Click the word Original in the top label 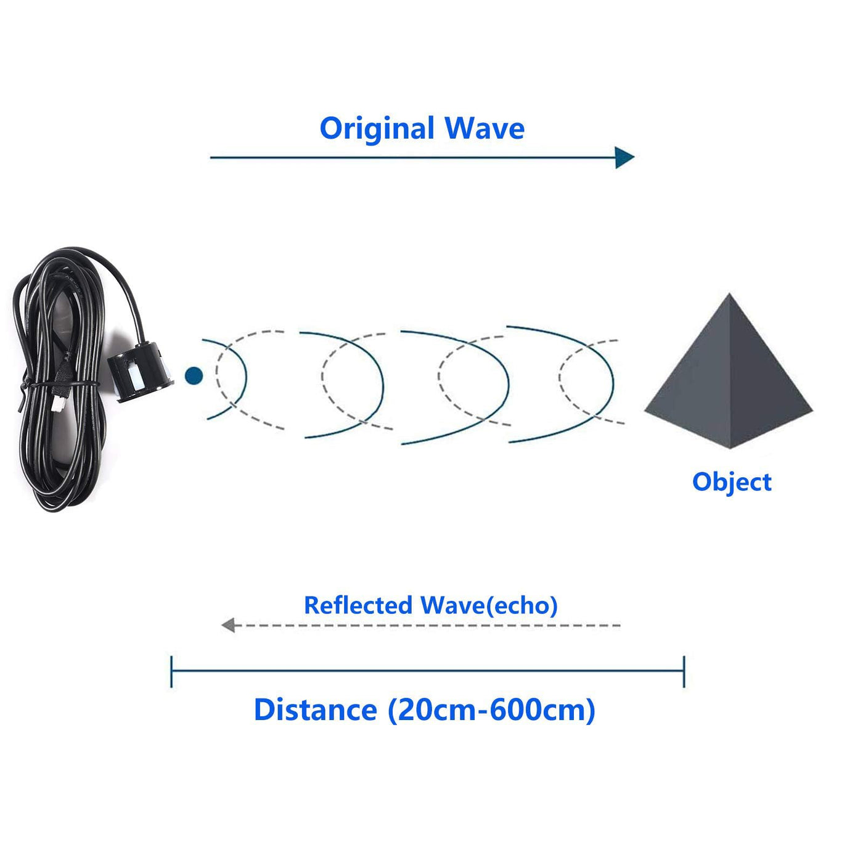tap(377, 129)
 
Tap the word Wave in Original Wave tap(485, 128)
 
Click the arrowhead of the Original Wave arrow tap(624, 158)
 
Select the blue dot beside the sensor tap(194, 375)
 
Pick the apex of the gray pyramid tap(730, 295)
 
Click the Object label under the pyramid tap(732, 482)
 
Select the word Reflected tap(358, 605)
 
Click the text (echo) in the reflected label tap(522, 605)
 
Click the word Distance tap(316, 710)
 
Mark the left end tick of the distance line tap(171, 671)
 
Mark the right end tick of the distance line tap(684, 671)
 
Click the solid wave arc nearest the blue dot tap(245, 376)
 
